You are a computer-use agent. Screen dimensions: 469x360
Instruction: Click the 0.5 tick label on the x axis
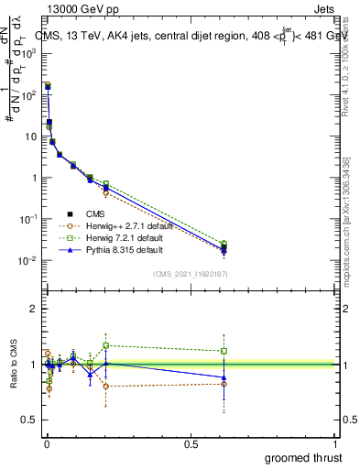190,443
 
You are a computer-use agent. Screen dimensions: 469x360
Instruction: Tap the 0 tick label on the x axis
45,443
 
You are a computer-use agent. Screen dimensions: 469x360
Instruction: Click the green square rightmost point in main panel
224,244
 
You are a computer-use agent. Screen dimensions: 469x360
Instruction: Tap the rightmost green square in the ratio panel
224,351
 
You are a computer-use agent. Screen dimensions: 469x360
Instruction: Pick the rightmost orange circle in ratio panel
224,384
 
